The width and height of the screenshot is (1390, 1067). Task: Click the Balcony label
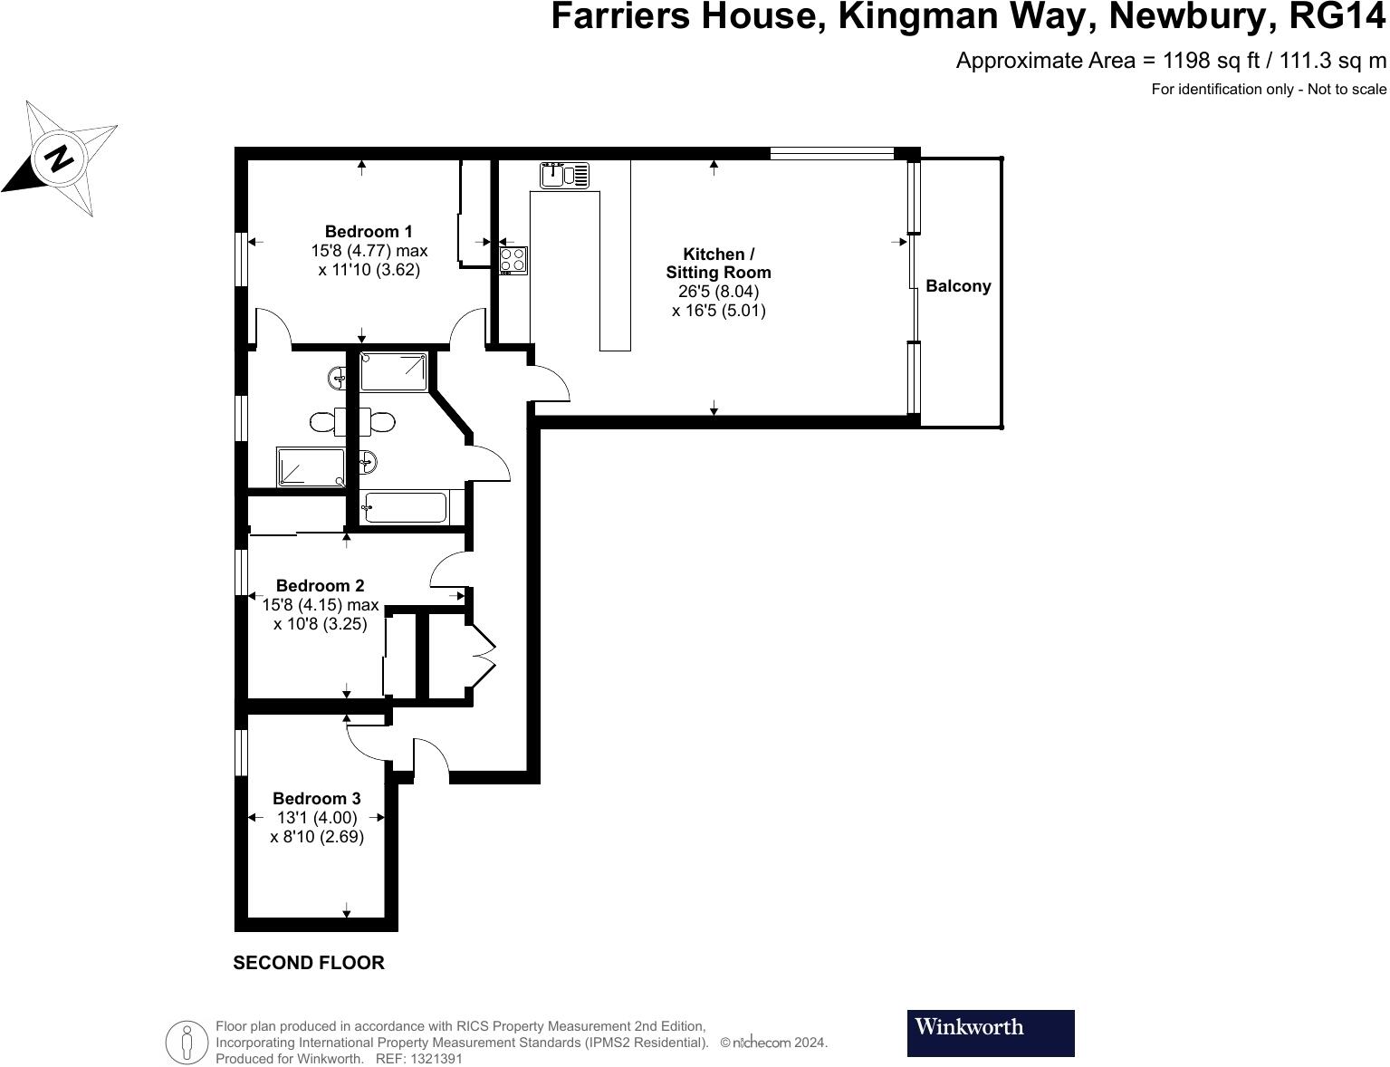tap(958, 286)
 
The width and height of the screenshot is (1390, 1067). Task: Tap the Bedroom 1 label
tap(369, 232)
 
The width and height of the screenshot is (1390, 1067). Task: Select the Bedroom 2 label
tap(320, 586)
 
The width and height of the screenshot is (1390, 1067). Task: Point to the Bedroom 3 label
tap(316, 799)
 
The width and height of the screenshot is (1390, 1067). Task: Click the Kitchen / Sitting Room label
tap(718, 263)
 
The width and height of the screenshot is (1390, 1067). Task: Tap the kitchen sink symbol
tap(564, 175)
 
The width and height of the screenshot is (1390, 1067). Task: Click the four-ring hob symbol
tap(513, 260)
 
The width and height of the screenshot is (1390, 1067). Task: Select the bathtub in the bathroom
tap(403, 508)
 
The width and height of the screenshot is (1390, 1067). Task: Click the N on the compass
tap(60, 159)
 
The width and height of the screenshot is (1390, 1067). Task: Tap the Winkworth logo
tap(991, 1033)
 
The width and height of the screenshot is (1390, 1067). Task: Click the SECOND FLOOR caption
tap(309, 963)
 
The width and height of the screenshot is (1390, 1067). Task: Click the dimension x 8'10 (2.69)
tap(317, 837)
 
